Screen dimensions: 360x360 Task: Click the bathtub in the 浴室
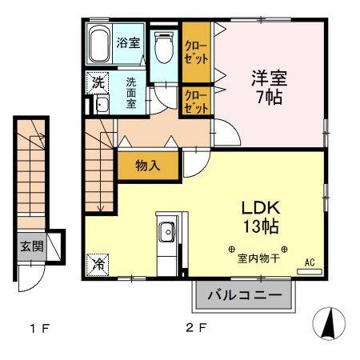click(100, 44)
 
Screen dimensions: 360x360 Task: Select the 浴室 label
click(130, 42)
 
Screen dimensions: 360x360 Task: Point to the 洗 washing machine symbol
click(98, 82)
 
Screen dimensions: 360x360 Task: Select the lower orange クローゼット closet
click(196, 101)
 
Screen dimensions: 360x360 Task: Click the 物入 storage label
click(147, 166)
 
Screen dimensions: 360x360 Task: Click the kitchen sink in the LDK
click(168, 234)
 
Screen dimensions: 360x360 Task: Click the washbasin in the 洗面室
click(102, 103)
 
